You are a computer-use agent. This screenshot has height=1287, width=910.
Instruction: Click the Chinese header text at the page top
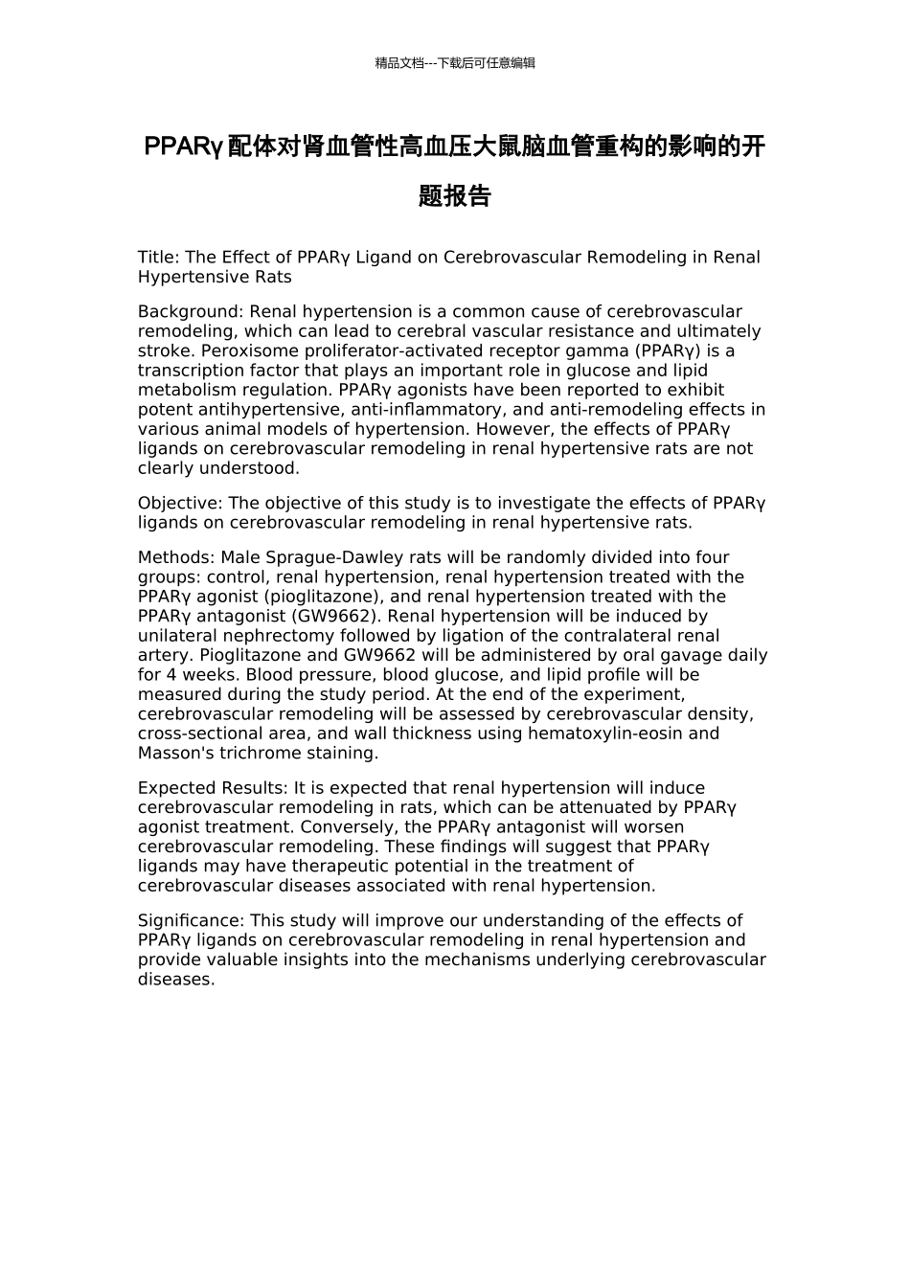pos(455,63)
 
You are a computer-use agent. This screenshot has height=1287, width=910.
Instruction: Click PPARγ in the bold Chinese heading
pos(183,147)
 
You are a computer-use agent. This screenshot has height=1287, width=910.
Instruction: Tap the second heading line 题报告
pos(455,196)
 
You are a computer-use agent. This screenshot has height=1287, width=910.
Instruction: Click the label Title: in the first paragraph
pos(158,257)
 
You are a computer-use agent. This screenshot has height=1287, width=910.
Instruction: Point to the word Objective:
pos(180,503)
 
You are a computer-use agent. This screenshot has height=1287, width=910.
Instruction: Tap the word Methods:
pos(176,557)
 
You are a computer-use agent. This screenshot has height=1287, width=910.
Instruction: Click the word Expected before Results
pos(173,788)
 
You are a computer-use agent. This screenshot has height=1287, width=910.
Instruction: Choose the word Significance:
pos(192,920)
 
